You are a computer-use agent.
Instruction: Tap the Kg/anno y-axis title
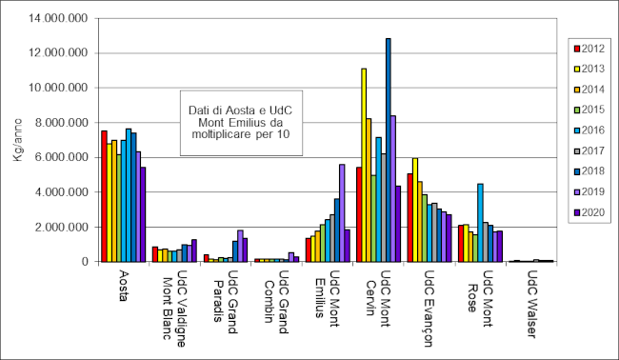(x=16, y=140)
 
